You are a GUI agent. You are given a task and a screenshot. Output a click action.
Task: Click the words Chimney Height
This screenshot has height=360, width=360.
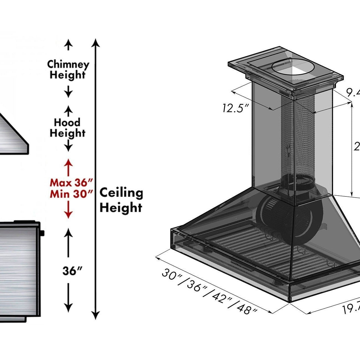coord(68,70)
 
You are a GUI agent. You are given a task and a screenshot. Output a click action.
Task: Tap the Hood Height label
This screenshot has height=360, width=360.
coord(67,128)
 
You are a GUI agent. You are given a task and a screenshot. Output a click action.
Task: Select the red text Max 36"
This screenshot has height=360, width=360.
coord(71,183)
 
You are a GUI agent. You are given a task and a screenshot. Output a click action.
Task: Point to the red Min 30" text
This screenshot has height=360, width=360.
coord(71,194)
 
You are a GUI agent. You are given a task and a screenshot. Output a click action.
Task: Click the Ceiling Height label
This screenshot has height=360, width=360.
coord(121,200)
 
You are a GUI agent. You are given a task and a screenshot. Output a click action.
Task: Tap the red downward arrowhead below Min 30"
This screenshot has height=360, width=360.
coord(68,214)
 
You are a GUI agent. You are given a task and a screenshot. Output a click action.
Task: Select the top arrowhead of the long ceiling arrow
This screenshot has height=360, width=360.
coord(96,42)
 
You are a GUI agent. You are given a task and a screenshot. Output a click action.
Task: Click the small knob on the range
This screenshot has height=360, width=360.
coord(42,233)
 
